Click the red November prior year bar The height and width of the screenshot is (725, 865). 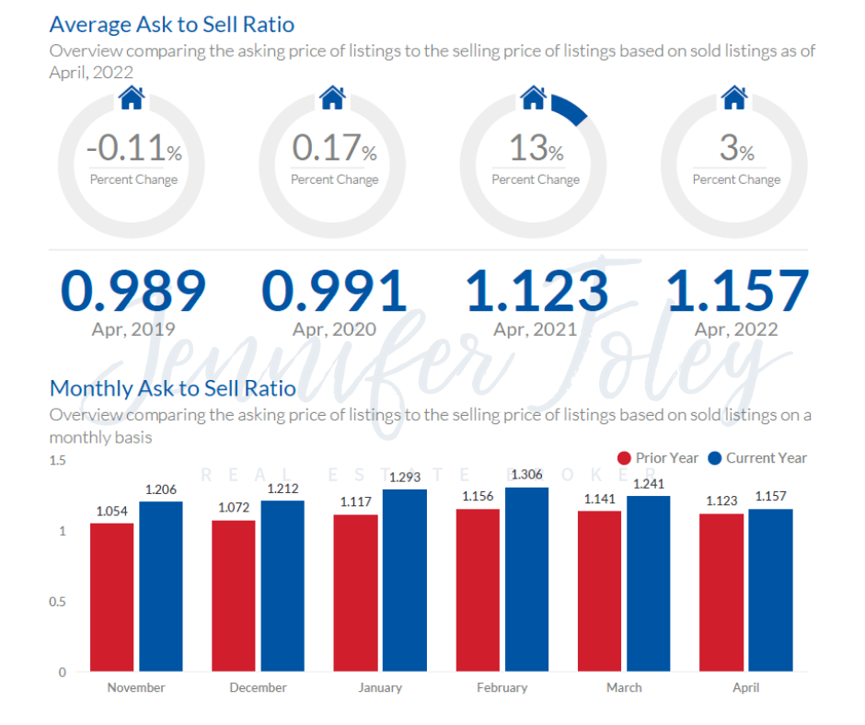[x=111, y=597]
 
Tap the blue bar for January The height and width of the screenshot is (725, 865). [x=405, y=581]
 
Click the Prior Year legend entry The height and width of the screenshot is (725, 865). [x=658, y=458]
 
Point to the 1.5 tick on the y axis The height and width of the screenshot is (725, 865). [x=57, y=460]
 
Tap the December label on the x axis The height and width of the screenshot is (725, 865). [x=258, y=687]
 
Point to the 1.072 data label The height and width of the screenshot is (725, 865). [x=234, y=508]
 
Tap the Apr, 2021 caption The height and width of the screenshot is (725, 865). [x=535, y=328]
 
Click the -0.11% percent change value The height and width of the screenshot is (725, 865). [x=133, y=148]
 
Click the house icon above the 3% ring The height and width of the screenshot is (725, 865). [x=733, y=97]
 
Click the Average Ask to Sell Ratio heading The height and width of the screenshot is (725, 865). [x=171, y=24]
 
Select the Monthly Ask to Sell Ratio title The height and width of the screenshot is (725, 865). [x=172, y=388]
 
